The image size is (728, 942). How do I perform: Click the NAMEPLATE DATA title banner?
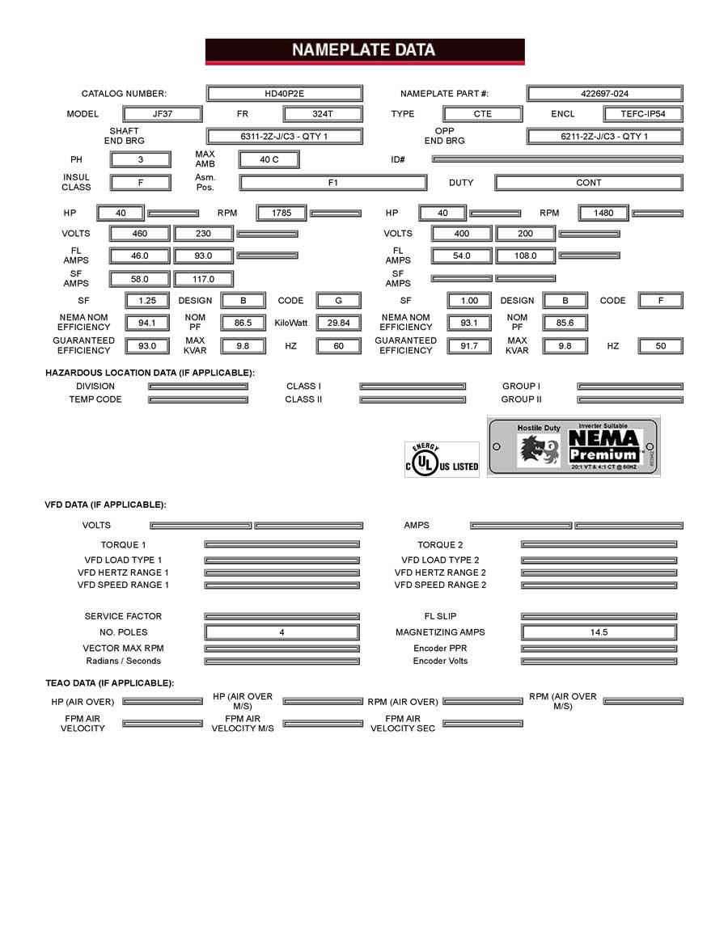pos(364,50)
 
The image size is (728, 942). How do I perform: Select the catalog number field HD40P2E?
pos(284,94)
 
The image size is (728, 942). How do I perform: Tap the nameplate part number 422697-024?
pos(604,94)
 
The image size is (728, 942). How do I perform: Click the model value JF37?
pos(163,114)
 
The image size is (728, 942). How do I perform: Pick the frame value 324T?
pos(323,114)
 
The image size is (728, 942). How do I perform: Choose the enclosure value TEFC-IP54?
pos(642,114)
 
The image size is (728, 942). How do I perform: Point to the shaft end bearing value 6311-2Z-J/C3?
pos(284,137)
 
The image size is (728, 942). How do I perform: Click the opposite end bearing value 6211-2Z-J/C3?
pos(604,137)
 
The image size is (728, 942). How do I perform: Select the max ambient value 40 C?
pos(269,160)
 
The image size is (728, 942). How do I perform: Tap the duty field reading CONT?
pos(588,183)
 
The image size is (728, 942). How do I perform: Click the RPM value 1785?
pos(281,213)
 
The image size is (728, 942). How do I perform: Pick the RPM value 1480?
pos(603,213)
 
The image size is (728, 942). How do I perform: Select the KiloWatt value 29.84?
pos(338,323)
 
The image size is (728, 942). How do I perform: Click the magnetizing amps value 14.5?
pos(599,632)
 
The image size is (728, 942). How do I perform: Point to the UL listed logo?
pos(442,460)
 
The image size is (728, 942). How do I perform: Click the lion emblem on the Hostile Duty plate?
pos(538,450)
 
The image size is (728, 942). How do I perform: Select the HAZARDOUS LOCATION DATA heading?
pos(150,373)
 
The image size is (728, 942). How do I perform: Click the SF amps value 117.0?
pos(203,279)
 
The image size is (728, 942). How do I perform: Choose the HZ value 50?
pos(660,346)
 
